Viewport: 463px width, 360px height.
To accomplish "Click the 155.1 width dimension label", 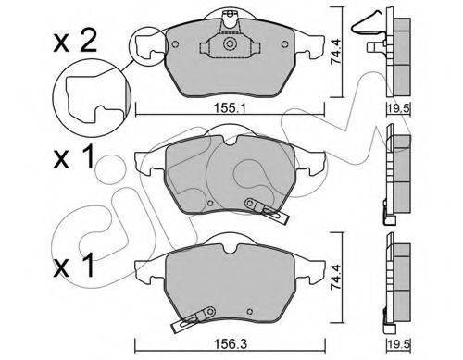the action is (x=230, y=108).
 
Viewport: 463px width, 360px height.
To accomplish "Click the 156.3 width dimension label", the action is (x=231, y=344).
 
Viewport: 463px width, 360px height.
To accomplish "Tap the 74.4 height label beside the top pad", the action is (x=335, y=52).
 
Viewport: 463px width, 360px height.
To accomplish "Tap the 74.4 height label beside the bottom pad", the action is (x=335, y=277).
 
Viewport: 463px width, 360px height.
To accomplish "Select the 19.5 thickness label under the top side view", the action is (x=398, y=108).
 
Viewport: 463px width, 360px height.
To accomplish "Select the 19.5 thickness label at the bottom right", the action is (x=398, y=344).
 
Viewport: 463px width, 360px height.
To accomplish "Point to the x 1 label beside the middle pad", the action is (x=73, y=157).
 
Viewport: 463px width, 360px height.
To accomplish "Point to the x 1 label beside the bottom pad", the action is (x=73, y=266).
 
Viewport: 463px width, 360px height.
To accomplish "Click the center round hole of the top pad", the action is (x=229, y=43).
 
